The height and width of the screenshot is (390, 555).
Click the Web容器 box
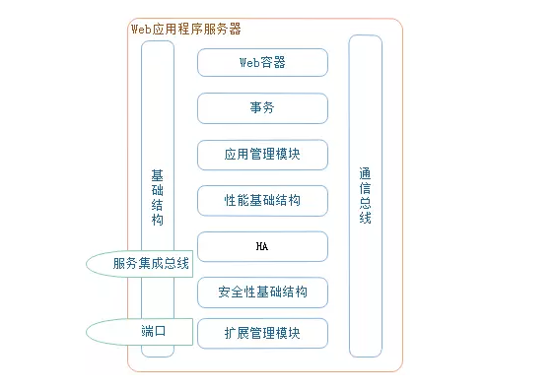coord(262,62)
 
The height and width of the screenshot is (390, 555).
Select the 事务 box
coord(262,108)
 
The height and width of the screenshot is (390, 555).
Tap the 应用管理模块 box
coord(262,155)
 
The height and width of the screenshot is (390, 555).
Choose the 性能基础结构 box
coord(262,201)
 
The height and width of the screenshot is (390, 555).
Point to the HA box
coord(262,246)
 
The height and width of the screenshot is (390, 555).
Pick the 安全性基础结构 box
coord(262,292)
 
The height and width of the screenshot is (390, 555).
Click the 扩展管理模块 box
coord(262,334)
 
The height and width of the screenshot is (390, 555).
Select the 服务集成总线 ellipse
coord(139,264)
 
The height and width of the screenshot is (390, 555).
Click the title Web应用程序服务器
coord(186,30)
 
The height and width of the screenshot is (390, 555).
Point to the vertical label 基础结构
coord(158,197)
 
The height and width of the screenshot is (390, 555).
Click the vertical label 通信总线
coord(365,195)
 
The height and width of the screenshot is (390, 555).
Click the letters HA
coord(262,246)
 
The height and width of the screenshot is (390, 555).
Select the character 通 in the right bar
coord(365,173)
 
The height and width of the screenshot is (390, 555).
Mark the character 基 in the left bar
coord(158,174)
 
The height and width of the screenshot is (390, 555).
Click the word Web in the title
coord(141,30)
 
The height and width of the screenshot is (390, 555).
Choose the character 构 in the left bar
coord(158,220)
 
